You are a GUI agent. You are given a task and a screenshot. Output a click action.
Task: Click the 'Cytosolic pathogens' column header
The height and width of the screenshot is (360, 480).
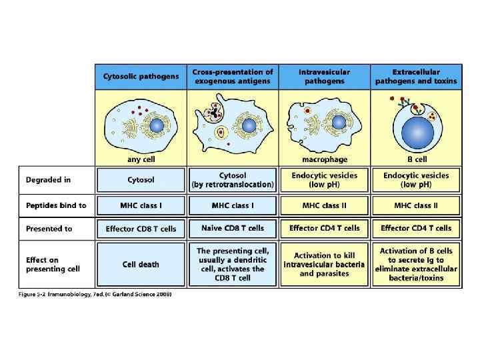pyautogui.click(x=141, y=77)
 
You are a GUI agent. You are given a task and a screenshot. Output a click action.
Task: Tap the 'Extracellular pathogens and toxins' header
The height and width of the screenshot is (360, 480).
pyautogui.click(x=416, y=77)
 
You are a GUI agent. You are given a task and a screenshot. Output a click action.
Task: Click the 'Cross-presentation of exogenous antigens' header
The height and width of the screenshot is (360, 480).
pyautogui.click(x=232, y=77)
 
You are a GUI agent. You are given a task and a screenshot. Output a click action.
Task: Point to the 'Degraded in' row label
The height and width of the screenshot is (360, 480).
pyautogui.click(x=49, y=180)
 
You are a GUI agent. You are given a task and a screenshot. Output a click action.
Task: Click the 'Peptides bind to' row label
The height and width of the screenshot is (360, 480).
pyautogui.click(x=56, y=205)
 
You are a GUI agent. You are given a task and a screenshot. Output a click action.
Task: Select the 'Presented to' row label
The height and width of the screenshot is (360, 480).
pyautogui.click(x=49, y=229)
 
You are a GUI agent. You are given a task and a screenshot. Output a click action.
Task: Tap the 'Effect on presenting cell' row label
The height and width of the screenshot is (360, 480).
pyautogui.click(x=53, y=264)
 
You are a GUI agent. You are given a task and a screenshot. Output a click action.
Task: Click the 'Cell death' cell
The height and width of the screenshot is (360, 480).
pyautogui.click(x=141, y=264)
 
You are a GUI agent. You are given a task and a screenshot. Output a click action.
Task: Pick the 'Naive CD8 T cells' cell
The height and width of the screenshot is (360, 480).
pyautogui.click(x=232, y=228)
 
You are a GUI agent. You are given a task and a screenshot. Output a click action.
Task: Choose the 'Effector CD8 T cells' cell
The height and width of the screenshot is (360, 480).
pyautogui.click(x=141, y=229)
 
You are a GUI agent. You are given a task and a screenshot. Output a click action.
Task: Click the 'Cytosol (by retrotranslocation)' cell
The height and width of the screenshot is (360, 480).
pyautogui.click(x=232, y=179)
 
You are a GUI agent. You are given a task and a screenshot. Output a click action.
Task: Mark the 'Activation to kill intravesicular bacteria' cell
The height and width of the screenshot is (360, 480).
pyautogui.click(x=324, y=264)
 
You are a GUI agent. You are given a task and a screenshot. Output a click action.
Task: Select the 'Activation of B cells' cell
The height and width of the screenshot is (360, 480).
pyautogui.click(x=416, y=264)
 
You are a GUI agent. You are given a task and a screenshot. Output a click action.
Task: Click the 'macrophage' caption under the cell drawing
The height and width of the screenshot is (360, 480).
pyautogui.click(x=324, y=160)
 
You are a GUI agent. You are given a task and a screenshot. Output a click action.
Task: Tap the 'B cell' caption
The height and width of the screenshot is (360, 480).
pyautogui.click(x=416, y=160)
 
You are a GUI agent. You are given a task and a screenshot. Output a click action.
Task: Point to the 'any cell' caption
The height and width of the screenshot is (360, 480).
pyautogui.click(x=141, y=160)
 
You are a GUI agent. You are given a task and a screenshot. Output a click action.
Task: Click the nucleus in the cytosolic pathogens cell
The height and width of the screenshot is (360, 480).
pyautogui.click(x=157, y=125)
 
